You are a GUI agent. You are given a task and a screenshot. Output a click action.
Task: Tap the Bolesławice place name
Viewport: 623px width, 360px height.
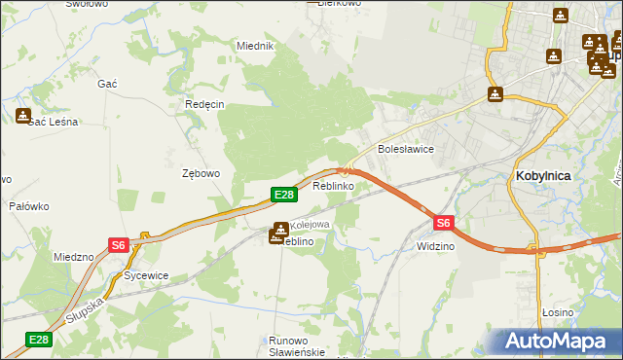tap(405, 150)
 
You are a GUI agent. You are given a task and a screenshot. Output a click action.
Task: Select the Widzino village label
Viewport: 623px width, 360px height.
tap(435, 247)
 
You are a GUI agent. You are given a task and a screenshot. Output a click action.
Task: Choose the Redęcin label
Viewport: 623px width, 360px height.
tap(204, 104)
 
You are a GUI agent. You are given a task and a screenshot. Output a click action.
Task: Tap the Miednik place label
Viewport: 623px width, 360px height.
tap(256, 46)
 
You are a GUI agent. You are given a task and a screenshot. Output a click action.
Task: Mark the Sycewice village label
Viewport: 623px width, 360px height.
tap(146, 275)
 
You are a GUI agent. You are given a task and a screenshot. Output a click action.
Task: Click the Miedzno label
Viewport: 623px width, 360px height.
tap(74, 257)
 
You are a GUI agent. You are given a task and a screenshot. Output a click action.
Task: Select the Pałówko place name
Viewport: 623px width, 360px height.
tap(29, 206)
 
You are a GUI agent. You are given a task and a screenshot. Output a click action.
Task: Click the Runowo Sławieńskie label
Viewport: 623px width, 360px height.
tap(296, 346)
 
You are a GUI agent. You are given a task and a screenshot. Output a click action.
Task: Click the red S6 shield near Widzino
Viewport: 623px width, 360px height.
tap(444, 223)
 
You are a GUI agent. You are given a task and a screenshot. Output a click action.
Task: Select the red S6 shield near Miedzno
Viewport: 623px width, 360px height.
tap(118, 245)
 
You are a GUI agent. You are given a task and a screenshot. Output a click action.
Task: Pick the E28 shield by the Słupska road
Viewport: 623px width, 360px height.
tap(38, 339)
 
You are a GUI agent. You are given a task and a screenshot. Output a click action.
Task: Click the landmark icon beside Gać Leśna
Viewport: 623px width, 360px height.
tap(23, 115)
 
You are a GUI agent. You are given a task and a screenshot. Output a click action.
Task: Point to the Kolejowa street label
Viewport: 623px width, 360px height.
tap(311, 225)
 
